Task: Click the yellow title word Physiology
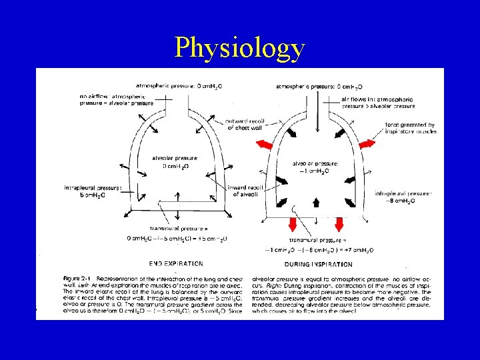coord(240,48)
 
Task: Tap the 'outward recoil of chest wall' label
coord(247,125)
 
